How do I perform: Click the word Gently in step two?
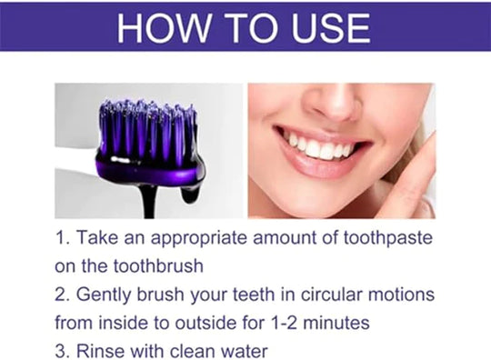111,296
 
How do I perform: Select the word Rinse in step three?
104,351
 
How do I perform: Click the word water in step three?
241,351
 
